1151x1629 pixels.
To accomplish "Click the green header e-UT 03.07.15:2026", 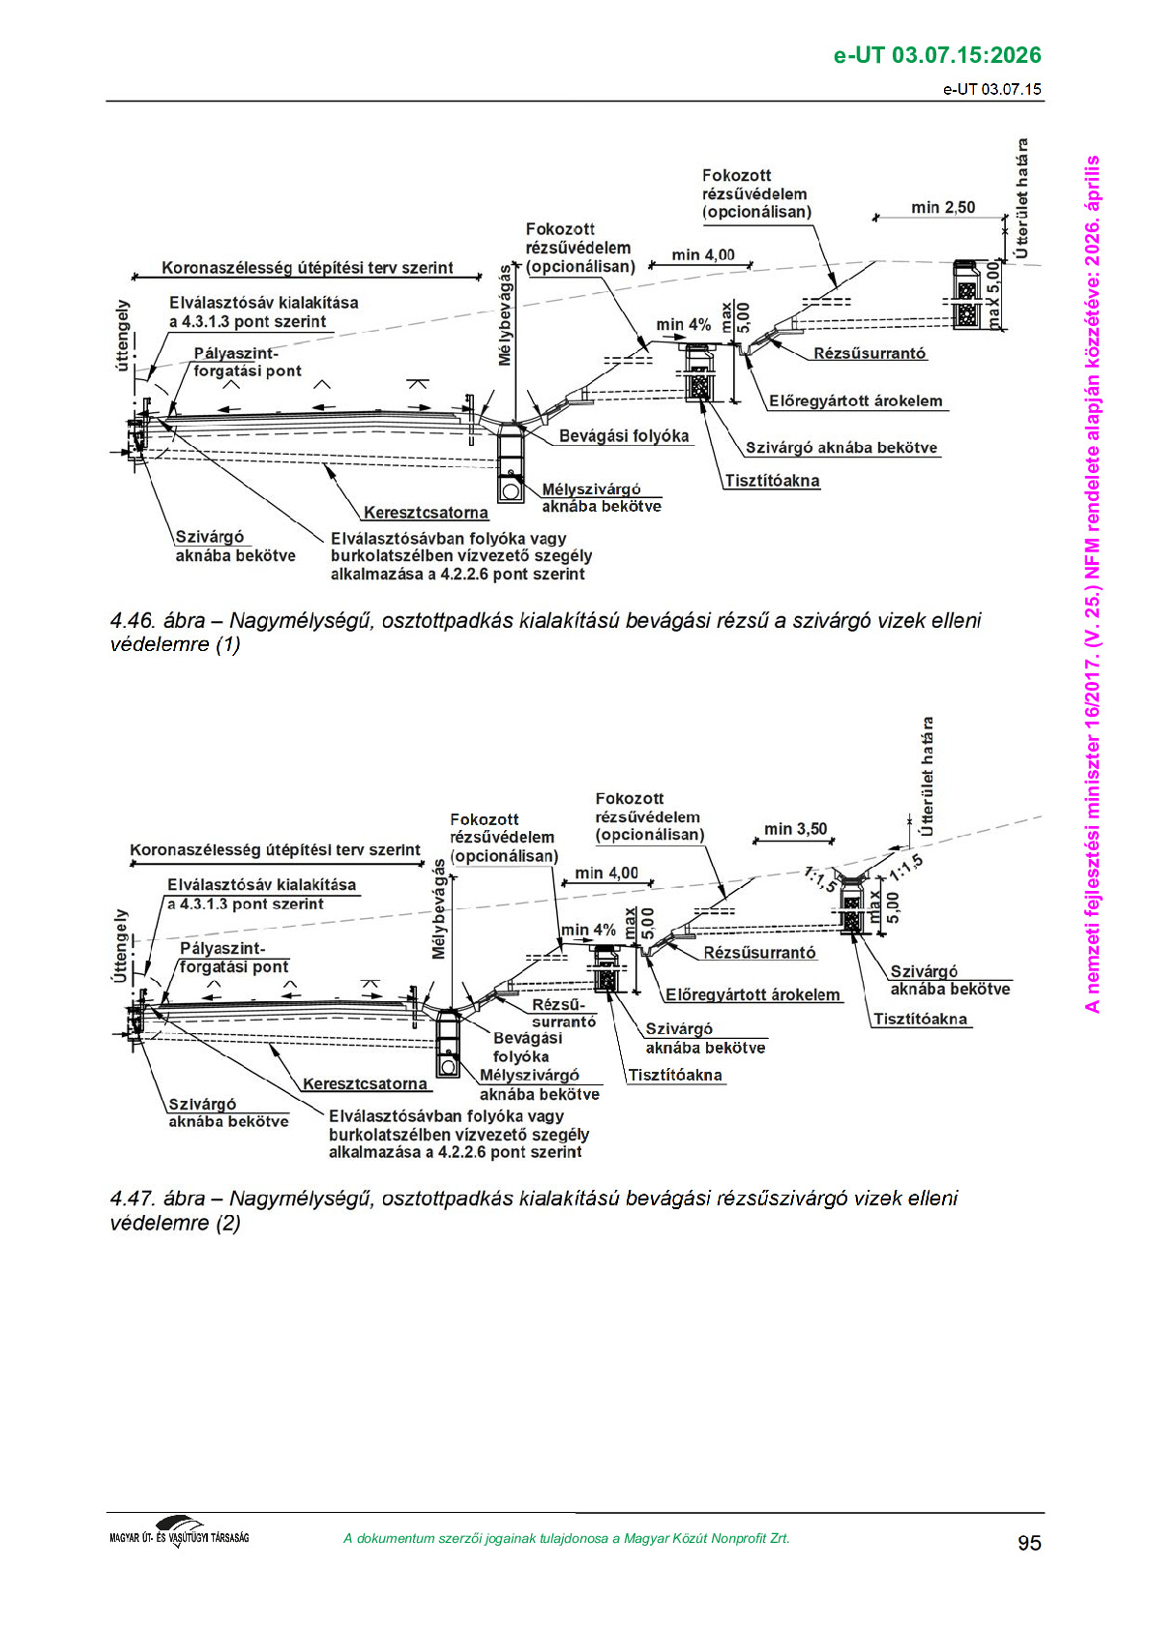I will pyautogui.click(x=936, y=55).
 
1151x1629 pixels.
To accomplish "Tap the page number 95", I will pyautogui.click(x=1029, y=1543).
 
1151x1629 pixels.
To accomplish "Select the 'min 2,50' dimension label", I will pyautogui.click(x=942, y=207).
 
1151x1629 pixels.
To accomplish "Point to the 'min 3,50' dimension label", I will pyautogui.click(x=795, y=829).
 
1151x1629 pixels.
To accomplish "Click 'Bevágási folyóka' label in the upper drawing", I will pyautogui.click(x=624, y=436).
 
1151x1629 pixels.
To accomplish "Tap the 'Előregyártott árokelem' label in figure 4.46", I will pyautogui.click(x=855, y=400).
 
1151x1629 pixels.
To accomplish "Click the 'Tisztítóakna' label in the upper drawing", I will pyautogui.click(x=772, y=481).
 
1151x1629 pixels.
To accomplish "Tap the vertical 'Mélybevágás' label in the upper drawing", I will pyautogui.click(x=506, y=315).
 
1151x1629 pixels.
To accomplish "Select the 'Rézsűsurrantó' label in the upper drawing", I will pyautogui.click(x=870, y=353).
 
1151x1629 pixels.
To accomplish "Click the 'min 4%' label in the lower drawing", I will pyautogui.click(x=588, y=930).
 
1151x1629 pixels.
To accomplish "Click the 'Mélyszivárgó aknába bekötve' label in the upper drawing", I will pyautogui.click(x=601, y=498).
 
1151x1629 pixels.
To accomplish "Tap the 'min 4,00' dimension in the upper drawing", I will pyautogui.click(x=703, y=254).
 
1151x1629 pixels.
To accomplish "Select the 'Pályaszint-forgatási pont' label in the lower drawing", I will pyautogui.click(x=233, y=958).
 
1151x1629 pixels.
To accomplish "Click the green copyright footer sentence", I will pyautogui.click(x=566, y=1538).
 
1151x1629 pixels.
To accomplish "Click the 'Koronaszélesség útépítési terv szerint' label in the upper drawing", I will pyautogui.click(x=307, y=268).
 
